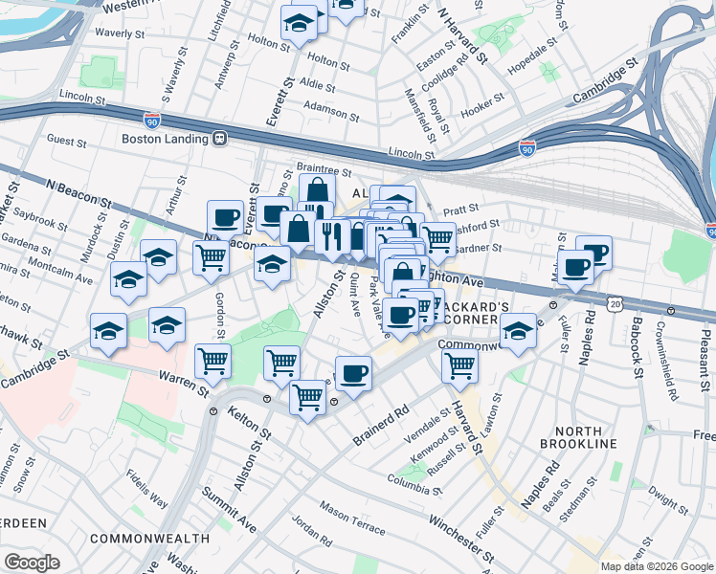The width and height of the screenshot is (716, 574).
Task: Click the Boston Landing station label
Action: [165, 139]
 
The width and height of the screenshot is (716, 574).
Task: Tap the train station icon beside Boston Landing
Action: [219, 139]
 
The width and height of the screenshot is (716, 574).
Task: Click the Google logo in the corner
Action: [32, 563]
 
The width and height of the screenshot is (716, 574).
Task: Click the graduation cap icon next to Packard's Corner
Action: [518, 332]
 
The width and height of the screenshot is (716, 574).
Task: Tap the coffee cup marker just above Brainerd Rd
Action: [353, 372]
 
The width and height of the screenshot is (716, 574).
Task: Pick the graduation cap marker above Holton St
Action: [300, 22]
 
